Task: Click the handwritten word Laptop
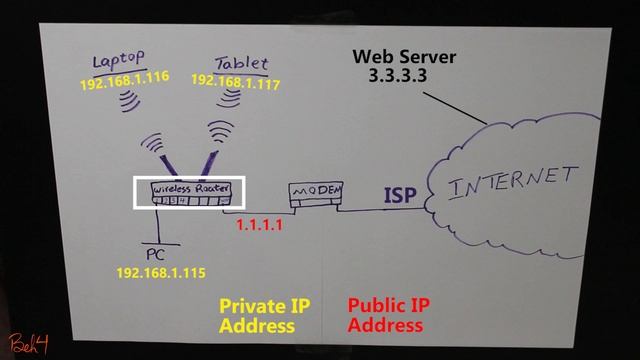click(118, 61)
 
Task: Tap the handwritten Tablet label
click(240, 61)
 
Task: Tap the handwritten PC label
click(155, 253)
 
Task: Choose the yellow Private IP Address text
click(258, 315)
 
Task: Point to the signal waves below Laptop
click(127, 101)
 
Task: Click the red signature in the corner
click(28, 344)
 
